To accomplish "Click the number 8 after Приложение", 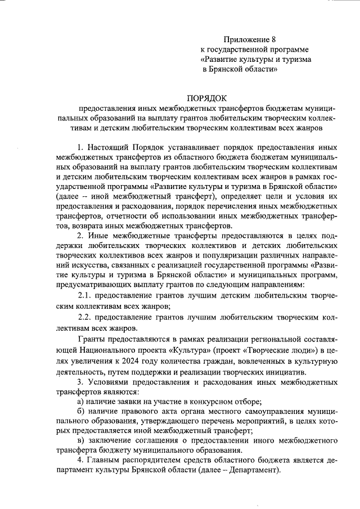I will click(260, 38).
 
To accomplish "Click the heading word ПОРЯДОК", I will click(208, 96).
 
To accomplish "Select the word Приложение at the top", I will click(240, 38).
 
